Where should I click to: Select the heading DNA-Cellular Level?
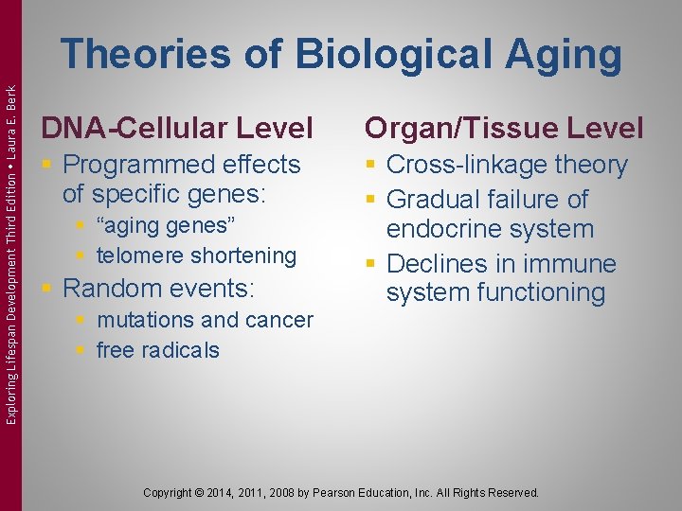[x=175, y=127]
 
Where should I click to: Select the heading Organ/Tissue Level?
[x=504, y=127]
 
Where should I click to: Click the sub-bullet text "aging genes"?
[x=165, y=225]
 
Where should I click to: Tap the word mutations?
[x=144, y=320]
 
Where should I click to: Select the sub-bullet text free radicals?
[x=157, y=349]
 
